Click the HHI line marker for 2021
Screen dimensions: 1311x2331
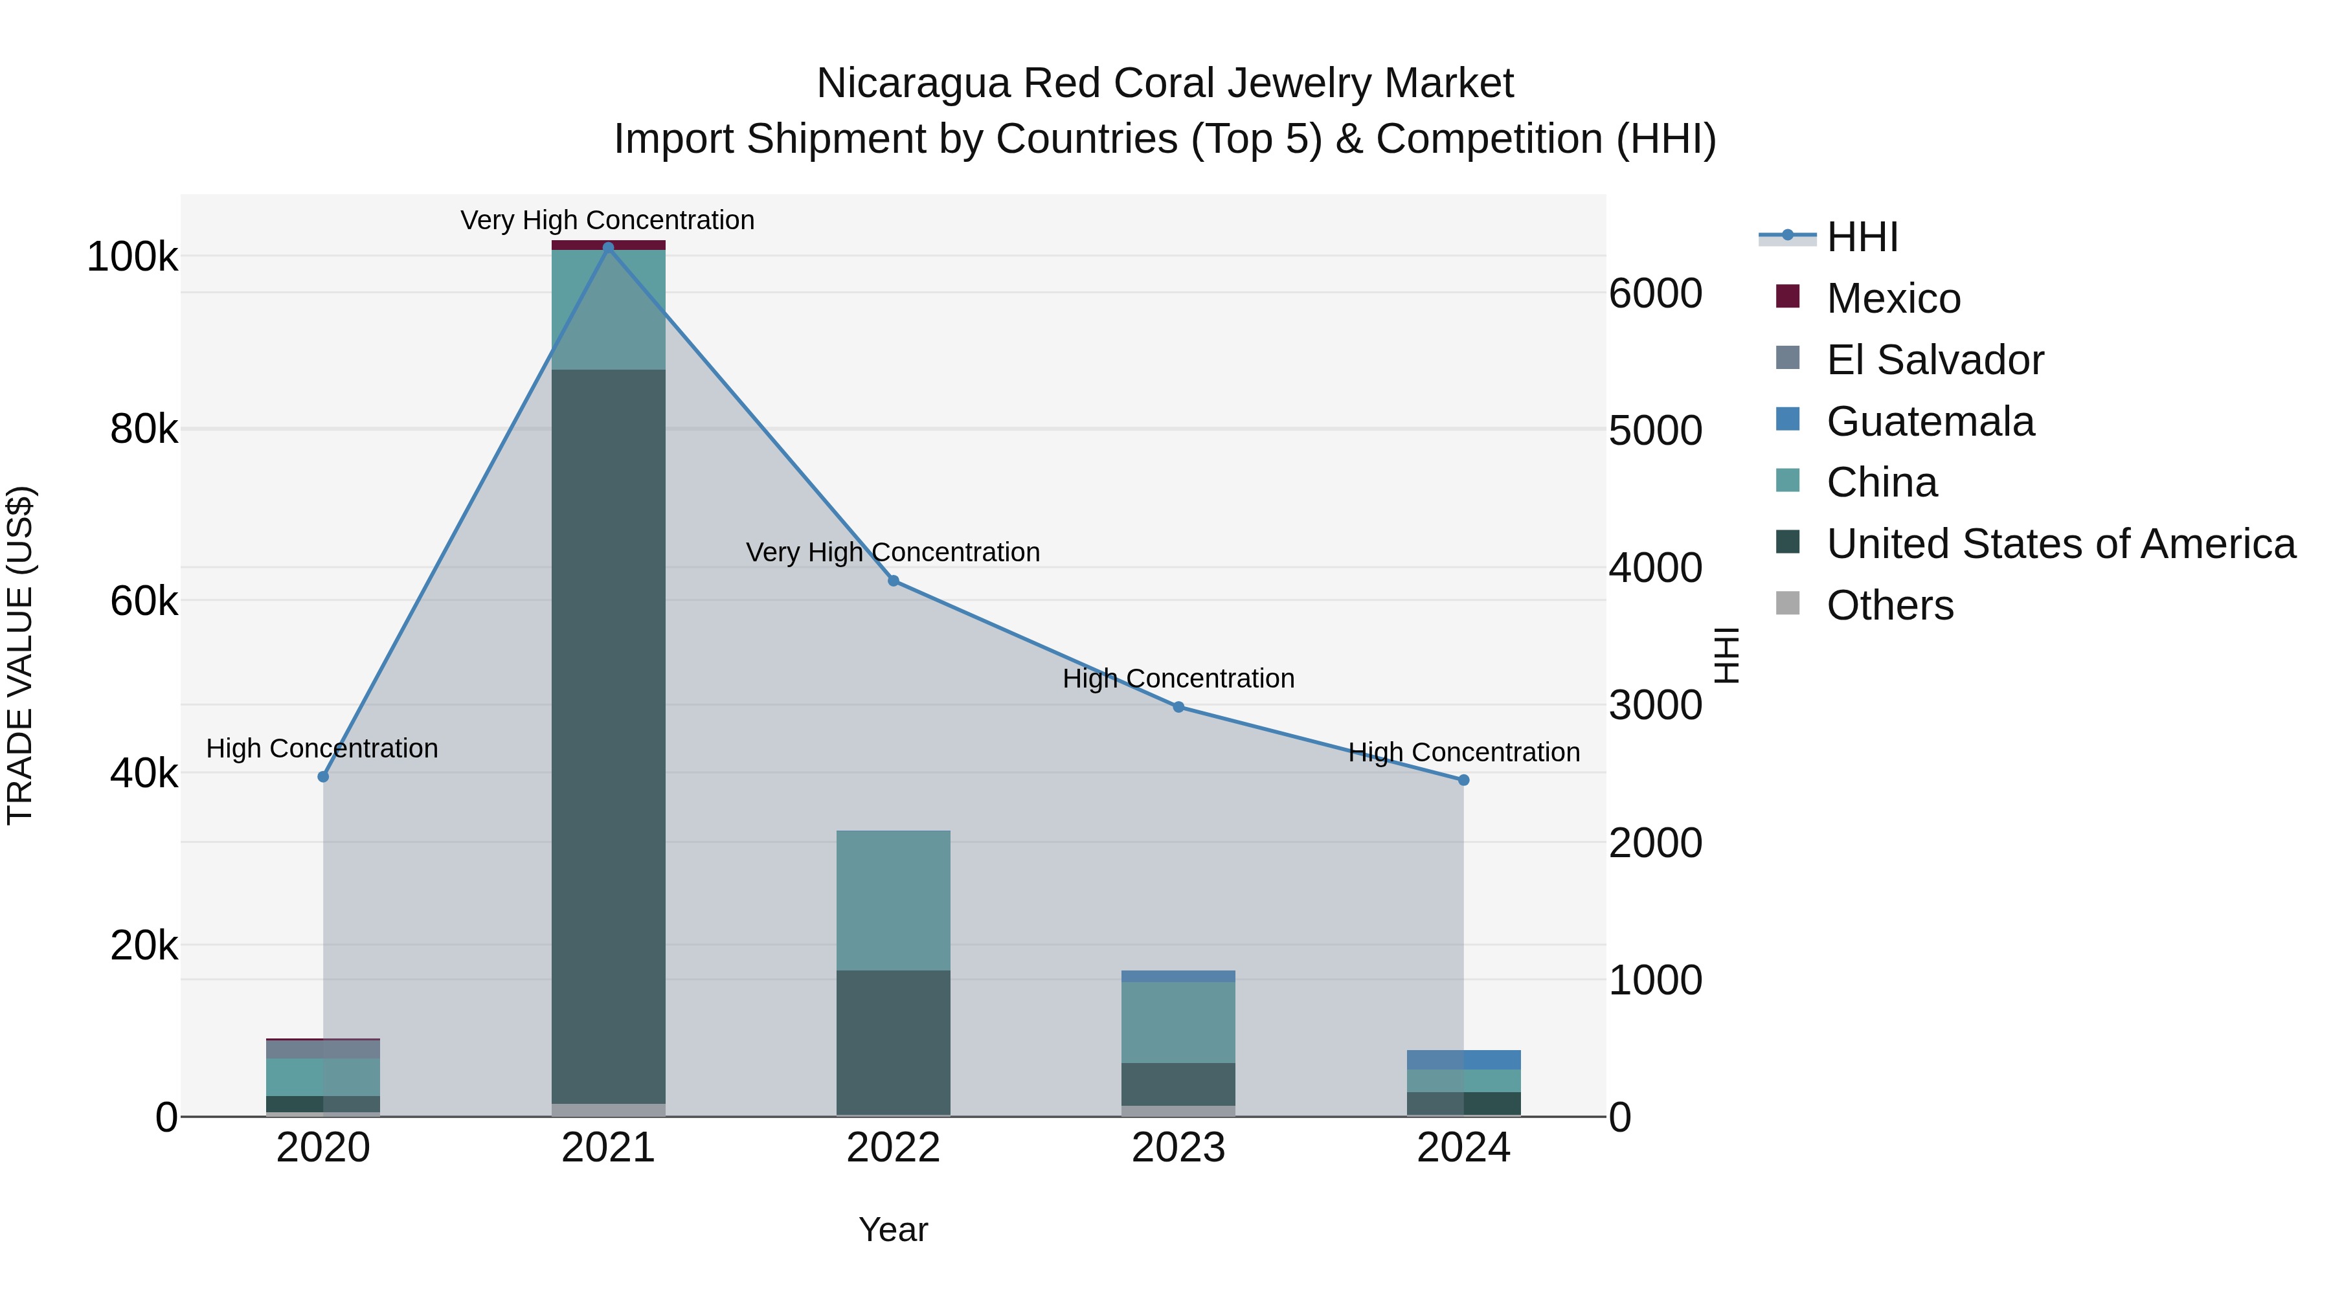(x=608, y=247)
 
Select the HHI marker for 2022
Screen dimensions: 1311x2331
(x=893, y=581)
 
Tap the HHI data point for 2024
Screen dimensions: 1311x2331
(x=1463, y=780)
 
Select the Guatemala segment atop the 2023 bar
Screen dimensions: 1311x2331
(x=1178, y=976)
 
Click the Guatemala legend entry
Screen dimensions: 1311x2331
(x=1930, y=421)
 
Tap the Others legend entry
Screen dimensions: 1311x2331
(x=1889, y=605)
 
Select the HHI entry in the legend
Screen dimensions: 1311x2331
(x=1862, y=237)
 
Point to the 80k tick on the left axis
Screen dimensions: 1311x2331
(x=143, y=430)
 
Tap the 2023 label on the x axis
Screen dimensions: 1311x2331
(x=1178, y=1148)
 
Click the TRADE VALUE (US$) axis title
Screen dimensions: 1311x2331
(x=20, y=655)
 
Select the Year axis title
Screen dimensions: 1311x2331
(x=893, y=1229)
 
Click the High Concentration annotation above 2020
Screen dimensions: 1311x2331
(x=322, y=748)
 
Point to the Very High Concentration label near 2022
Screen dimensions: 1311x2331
(x=892, y=552)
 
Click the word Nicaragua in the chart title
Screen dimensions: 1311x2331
(x=913, y=84)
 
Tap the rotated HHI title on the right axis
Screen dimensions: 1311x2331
(x=1726, y=655)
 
